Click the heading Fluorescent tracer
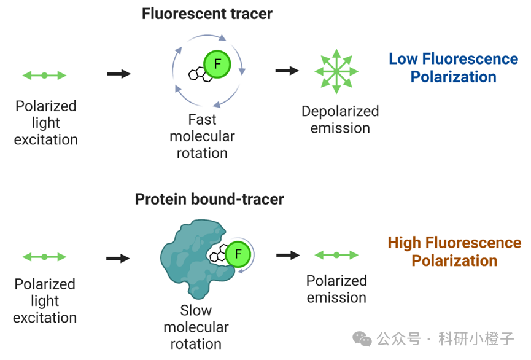(207, 14)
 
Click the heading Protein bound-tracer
(209, 199)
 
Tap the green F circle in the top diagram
(217, 64)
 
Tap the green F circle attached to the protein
(238, 254)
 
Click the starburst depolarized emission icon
(336, 71)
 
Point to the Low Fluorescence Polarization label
(453, 68)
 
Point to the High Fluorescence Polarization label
(454, 251)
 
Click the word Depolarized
(340, 111)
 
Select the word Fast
(202, 119)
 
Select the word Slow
(196, 310)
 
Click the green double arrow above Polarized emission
(336, 255)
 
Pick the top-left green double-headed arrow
(44, 75)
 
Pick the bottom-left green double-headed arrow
(44, 257)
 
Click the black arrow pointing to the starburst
(287, 71)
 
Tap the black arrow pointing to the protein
(118, 258)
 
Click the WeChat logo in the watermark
(362, 338)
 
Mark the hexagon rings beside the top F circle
(200, 74)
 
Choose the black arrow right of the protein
(288, 255)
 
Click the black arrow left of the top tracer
(119, 74)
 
